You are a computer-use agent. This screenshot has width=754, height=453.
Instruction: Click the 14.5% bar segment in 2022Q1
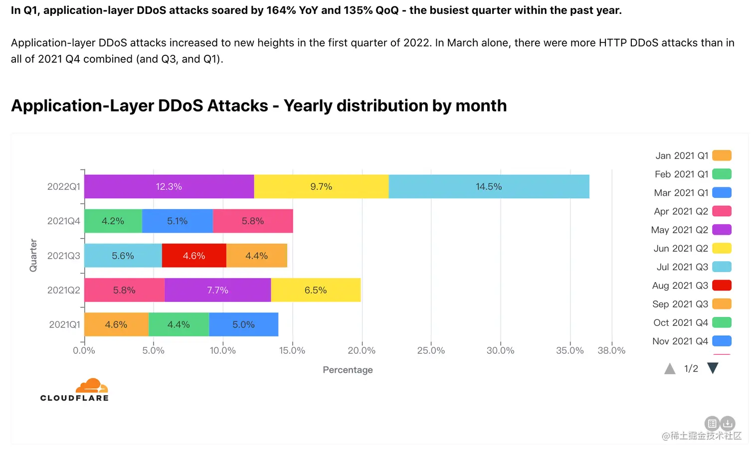[x=489, y=186]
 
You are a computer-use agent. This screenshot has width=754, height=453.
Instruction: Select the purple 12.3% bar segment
[x=169, y=186]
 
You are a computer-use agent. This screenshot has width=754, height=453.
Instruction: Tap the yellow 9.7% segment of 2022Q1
[x=321, y=186]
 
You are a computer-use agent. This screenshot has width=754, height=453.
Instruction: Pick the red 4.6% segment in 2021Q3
[x=194, y=256]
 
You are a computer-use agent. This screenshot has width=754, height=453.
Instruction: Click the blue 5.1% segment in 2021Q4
[x=178, y=221]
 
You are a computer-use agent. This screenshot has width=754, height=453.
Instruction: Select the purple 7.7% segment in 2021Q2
[x=217, y=290]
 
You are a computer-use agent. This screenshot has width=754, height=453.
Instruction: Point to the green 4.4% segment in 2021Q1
[x=179, y=324]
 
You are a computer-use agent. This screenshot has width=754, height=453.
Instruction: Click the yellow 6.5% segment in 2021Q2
[x=316, y=290]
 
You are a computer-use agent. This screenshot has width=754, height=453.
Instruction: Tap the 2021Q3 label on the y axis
[x=63, y=256]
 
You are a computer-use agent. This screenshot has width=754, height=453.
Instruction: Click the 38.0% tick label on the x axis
[x=611, y=350]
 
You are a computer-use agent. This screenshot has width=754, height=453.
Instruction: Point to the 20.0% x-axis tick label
[x=362, y=350]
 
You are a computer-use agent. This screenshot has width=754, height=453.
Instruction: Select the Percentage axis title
[x=348, y=370]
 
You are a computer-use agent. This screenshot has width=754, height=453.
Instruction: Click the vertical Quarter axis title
[x=33, y=255]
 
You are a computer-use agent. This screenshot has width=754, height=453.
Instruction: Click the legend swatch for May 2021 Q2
[x=722, y=230]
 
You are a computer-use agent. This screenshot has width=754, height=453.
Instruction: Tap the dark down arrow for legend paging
[x=713, y=368]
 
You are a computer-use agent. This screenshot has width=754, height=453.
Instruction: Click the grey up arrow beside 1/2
[x=670, y=369]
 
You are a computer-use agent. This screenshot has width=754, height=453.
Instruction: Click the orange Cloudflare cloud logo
[x=92, y=386]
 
